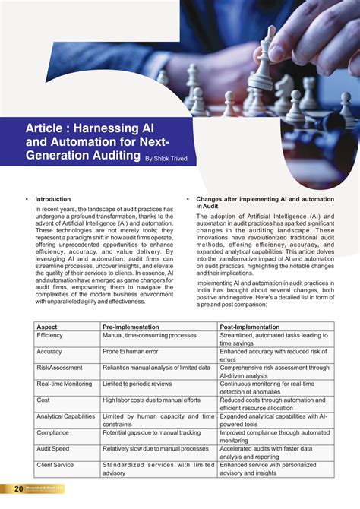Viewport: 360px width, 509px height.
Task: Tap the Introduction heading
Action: pyautogui.click(x=52, y=199)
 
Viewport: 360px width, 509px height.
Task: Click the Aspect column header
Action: pyautogui.click(x=47, y=327)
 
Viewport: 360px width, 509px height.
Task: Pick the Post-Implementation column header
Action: pyautogui.click(x=251, y=327)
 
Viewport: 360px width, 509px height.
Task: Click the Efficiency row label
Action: pyautogui.click(x=50, y=335)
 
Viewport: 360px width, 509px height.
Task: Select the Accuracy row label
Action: pyautogui.click(x=49, y=352)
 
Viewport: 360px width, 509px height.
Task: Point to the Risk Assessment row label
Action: pyautogui.click(x=60, y=368)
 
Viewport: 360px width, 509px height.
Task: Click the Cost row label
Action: pyautogui.click(x=43, y=400)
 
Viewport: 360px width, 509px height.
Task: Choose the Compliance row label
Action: pyautogui.click(x=52, y=432)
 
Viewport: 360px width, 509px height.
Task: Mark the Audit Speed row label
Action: pyautogui.click(x=54, y=449)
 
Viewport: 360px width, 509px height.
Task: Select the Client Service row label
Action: pyautogui.click(x=55, y=465)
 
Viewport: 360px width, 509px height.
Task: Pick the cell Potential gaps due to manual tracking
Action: pyautogui.click(x=156, y=432)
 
